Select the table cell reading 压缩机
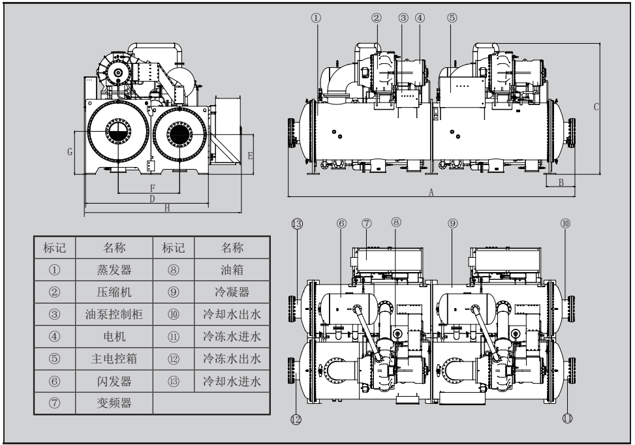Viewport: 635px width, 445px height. click(x=114, y=292)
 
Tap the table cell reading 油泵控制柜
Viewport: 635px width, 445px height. click(x=114, y=314)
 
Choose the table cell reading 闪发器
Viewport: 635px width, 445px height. click(x=114, y=381)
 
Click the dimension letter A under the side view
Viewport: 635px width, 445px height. click(x=431, y=192)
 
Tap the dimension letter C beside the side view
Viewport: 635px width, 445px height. click(x=595, y=107)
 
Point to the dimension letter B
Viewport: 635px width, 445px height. click(x=560, y=182)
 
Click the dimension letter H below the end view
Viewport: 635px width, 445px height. click(x=167, y=208)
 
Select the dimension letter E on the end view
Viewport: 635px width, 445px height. click(x=250, y=155)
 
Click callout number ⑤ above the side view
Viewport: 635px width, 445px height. click(x=452, y=18)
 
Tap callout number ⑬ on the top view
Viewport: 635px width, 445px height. click(x=297, y=223)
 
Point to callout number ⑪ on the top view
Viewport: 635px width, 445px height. click(x=567, y=418)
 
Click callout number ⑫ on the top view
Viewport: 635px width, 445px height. click(x=297, y=420)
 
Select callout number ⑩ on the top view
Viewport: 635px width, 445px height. click(x=565, y=223)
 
